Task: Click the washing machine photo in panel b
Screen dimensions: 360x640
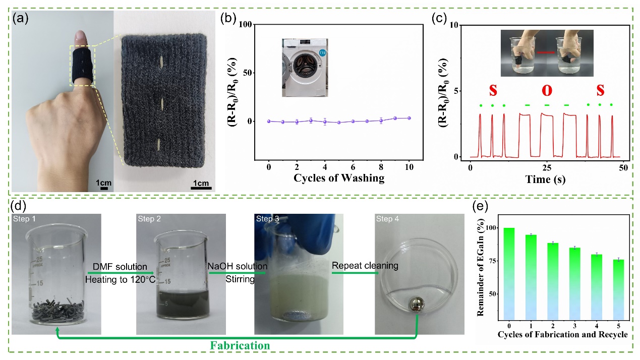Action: point(305,68)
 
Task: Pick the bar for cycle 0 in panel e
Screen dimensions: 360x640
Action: point(508,273)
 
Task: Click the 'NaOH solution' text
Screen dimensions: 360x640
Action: point(237,266)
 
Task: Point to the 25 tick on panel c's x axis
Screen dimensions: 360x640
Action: point(547,166)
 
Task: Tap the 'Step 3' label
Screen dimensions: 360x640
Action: point(267,218)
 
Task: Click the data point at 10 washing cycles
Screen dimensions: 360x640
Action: point(409,118)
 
